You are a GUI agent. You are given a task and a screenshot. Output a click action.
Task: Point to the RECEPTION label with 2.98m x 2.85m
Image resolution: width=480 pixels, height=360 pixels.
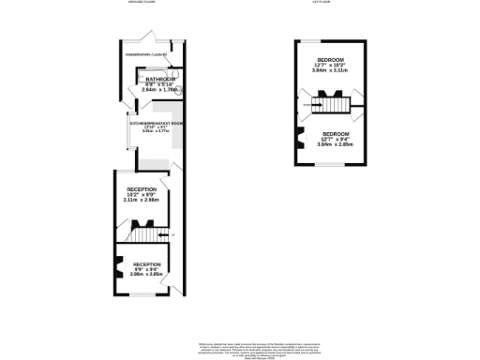click(147, 265)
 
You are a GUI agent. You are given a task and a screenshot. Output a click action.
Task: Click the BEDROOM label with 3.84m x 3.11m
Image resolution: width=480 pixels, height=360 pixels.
click(329, 62)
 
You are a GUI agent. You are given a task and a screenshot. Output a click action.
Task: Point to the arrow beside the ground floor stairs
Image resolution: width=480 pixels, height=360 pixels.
click(169, 234)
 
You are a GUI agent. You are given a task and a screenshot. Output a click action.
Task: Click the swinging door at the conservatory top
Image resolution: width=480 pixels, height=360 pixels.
click(142, 40)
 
